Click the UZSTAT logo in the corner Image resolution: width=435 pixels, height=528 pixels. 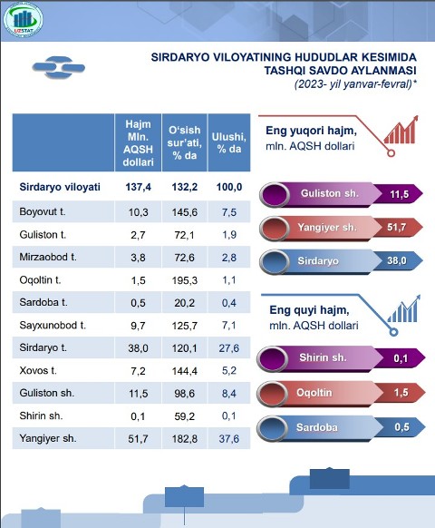click(23, 19)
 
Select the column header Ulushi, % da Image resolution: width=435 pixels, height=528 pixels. click(228, 142)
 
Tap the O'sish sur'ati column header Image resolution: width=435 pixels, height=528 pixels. click(184, 142)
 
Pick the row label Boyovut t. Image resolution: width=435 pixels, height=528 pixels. click(43, 211)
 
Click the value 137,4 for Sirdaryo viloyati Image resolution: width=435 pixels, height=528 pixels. click(138, 187)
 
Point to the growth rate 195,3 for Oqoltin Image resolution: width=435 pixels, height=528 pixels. click(184, 280)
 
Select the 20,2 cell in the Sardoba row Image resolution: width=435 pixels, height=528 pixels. click(184, 303)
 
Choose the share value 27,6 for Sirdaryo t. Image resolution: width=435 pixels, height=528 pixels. click(228, 347)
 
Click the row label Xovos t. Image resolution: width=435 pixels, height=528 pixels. click(38, 370)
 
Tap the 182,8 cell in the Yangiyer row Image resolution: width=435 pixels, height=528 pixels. click(184, 439)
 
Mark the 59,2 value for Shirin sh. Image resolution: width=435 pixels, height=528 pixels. click(184, 416)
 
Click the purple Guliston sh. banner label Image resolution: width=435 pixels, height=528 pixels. click(330, 193)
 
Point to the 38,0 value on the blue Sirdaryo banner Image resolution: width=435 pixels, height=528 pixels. click(397, 260)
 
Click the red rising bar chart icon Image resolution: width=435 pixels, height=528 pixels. click(401, 130)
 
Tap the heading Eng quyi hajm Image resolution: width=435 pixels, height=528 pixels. click(309, 310)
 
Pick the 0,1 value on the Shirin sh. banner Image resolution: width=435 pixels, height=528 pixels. click(401, 358)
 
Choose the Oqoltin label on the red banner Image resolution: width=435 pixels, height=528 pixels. click(314, 393)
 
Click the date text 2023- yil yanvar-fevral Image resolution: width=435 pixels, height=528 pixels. click(354, 83)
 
